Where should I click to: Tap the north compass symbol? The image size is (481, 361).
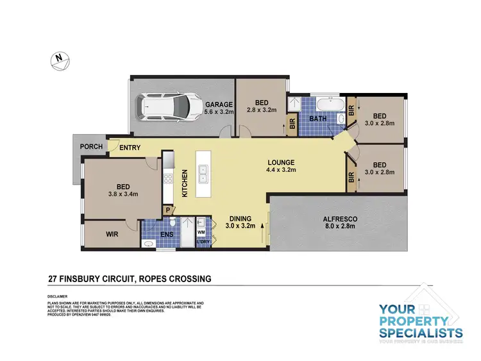click(59, 59)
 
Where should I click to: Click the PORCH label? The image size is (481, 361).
click(91, 147)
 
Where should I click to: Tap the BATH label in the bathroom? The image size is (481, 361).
click(319, 119)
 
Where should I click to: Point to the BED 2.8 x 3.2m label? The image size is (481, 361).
click(261, 106)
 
